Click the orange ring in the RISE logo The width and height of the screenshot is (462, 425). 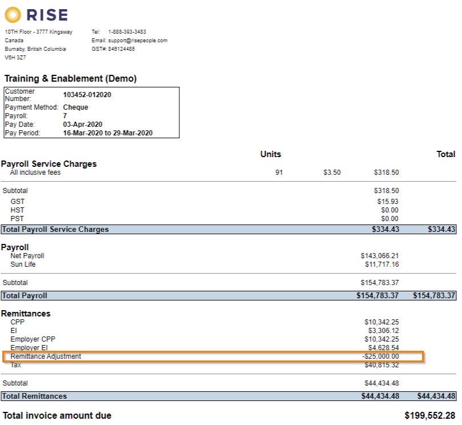coord(13,14)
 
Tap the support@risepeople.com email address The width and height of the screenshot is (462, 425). coord(137,41)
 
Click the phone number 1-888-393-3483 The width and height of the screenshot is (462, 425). coord(127,32)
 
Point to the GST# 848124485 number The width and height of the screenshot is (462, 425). coord(121,49)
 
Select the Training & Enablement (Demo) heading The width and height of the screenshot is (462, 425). coord(70,79)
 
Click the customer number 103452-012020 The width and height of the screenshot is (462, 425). coord(87,95)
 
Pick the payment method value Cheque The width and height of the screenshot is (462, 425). coord(75,107)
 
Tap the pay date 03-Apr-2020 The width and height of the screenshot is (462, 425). coord(83,125)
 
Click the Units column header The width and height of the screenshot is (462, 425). coord(271,154)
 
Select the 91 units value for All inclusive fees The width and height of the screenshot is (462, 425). coord(279,173)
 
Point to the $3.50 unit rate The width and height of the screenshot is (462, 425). coord(332,173)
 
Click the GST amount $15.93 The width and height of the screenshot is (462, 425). coord(388,202)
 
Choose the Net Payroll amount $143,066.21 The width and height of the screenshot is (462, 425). coord(380,256)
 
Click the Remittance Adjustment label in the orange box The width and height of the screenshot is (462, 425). coord(46,356)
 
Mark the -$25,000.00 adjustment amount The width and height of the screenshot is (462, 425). coord(380,356)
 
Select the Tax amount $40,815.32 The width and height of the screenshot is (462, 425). coord(381,365)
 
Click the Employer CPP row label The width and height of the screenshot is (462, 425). coord(33,339)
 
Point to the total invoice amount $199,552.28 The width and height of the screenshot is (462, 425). coord(429,415)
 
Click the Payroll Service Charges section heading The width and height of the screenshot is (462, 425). coord(49,164)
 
